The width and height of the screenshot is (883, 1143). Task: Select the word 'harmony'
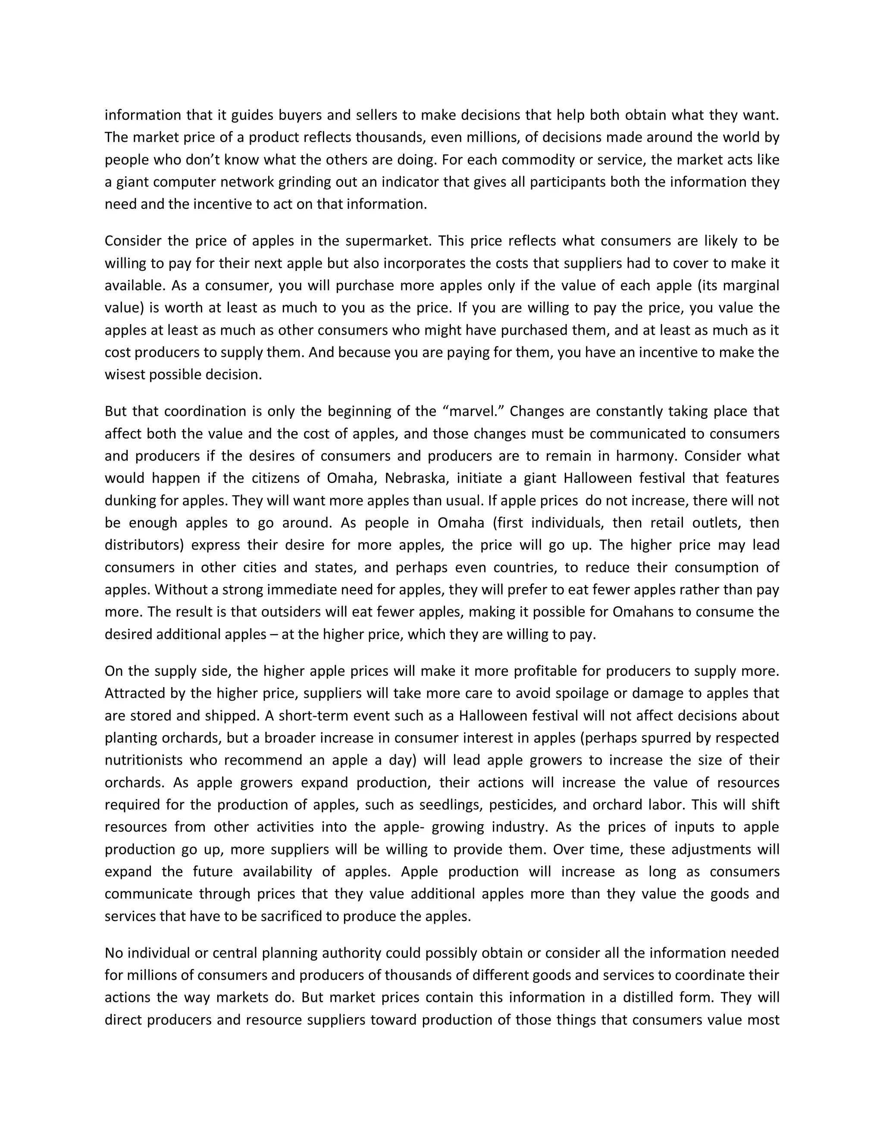point(646,456)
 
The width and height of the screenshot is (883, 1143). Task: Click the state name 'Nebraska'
point(420,478)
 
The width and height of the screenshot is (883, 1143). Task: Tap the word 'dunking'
point(130,501)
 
